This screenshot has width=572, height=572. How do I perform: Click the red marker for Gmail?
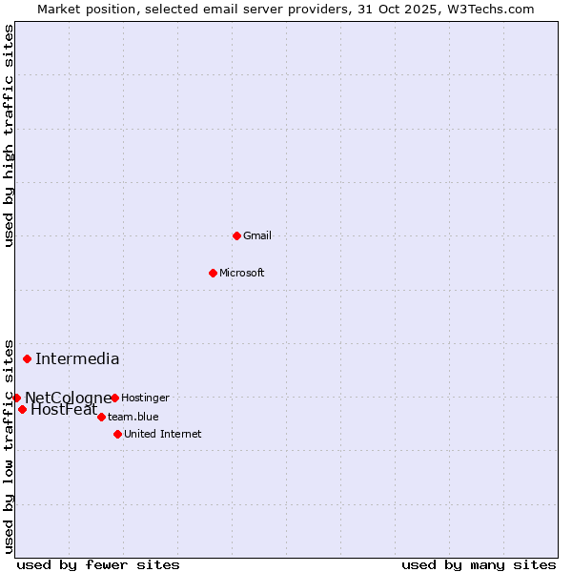coord(236,235)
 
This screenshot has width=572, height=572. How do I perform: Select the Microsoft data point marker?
coord(213,273)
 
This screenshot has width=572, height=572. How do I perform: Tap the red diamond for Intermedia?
coord(27,358)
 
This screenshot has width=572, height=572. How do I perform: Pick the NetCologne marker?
coord(16,398)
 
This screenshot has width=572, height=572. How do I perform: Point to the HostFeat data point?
coord(22,409)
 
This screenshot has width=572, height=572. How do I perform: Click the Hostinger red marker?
coord(114,398)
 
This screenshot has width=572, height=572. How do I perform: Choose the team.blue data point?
coord(101,417)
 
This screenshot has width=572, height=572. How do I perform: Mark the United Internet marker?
coord(117,434)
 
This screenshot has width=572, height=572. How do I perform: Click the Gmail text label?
coord(257,235)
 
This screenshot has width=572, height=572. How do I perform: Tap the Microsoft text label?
coord(242,273)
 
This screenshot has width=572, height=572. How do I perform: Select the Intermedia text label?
coord(77,359)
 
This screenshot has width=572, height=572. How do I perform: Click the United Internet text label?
coord(163,434)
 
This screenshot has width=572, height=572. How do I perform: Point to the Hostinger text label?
coord(146,398)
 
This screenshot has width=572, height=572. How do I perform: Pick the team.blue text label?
coord(133,417)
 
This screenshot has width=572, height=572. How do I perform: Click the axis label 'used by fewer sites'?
coord(98,564)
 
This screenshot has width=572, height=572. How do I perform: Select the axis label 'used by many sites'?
coord(479,564)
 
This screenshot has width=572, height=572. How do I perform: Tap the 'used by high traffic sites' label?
coord(10,135)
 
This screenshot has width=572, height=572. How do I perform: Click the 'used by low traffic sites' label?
coord(10,445)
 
